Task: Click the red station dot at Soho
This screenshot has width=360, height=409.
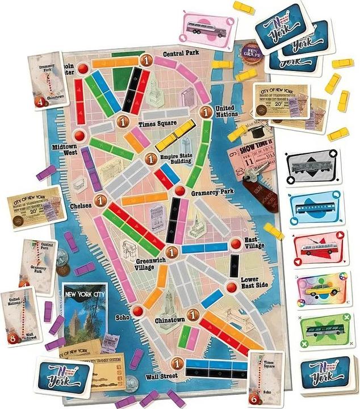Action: (x=137, y=311)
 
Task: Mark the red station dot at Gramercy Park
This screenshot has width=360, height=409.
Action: (x=179, y=190)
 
